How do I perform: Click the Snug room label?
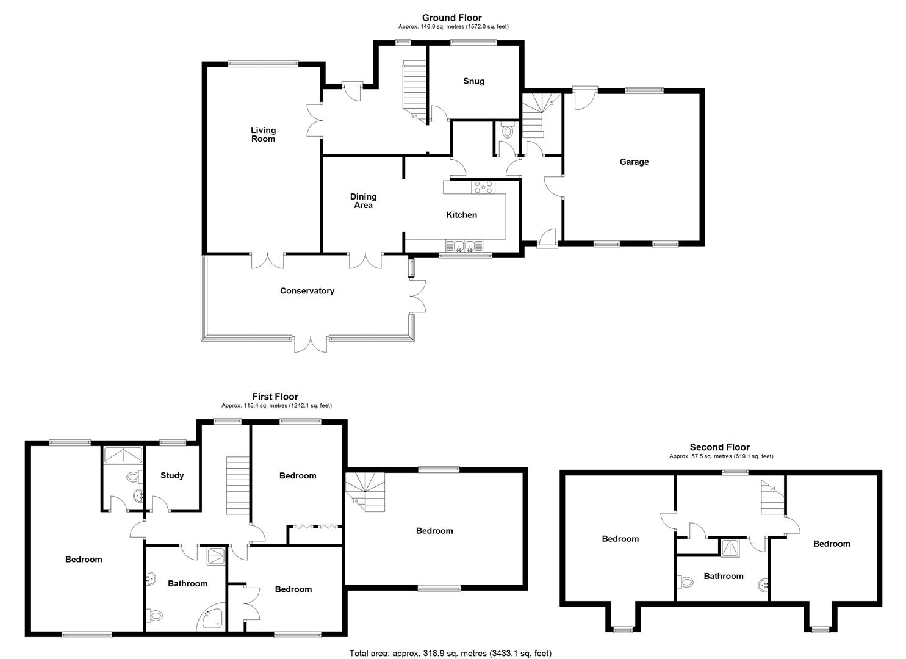(x=473, y=81)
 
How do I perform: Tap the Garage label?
(x=634, y=162)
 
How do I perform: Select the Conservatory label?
(x=307, y=291)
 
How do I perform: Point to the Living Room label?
(x=264, y=134)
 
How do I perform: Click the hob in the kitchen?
(x=483, y=187)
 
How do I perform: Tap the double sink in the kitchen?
(x=464, y=245)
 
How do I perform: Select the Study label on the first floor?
(x=172, y=475)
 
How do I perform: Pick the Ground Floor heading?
(x=452, y=18)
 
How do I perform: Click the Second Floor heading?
(x=719, y=447)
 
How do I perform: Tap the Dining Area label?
(x=363, y=201)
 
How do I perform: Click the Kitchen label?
(x=461, y=215)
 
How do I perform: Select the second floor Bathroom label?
(x=723, y=576)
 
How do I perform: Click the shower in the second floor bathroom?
(x=730, y=548)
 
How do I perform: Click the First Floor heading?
(x=275, y=397)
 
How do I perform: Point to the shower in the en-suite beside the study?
(x=123, y=455)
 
